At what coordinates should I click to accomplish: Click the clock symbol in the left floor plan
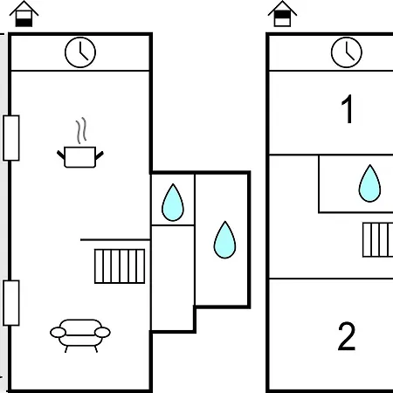tap(80, 52)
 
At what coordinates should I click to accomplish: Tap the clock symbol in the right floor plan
tap(347, 52)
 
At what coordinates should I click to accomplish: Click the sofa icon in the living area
tap(80, 335)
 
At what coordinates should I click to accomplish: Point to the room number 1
tap(348, 109)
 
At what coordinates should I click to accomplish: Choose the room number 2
tap(347, 336)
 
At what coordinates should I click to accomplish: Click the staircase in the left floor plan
tap(120, 266)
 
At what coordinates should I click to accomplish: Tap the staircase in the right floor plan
tap(378, 240)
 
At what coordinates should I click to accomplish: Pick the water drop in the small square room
tap(173, 203)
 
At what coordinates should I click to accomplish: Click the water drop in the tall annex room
tap(224, 240)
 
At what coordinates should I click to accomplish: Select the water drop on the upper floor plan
tap(369, 183)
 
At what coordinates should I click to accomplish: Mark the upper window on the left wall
tap(11, 138)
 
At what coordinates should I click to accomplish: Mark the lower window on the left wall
tap(11, 303)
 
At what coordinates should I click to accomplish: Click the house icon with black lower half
tap(24, 14)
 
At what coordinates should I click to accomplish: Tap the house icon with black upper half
tap(282, 14)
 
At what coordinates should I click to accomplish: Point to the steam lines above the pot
tap(81, 130)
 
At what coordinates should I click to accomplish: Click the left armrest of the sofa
tap(58, 333)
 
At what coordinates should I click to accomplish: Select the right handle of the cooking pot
tap(100, 155)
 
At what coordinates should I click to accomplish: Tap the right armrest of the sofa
tap(102, 333)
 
